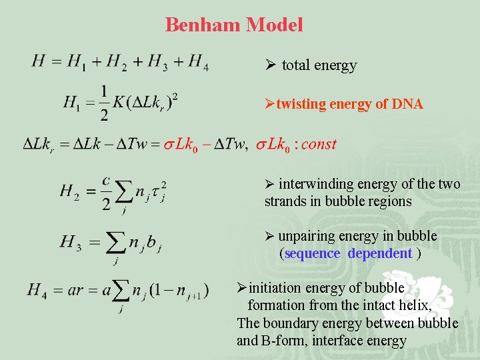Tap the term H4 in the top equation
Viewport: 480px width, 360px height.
(198, 63)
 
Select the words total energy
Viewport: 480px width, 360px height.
(319, 65)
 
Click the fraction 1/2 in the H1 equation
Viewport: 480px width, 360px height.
(104, 103)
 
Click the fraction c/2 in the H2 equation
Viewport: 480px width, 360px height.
(105, 192)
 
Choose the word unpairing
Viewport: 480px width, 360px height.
(308, 236)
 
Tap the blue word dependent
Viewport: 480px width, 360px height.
(379, 253)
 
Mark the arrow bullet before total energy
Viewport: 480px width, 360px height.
(271, 65)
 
